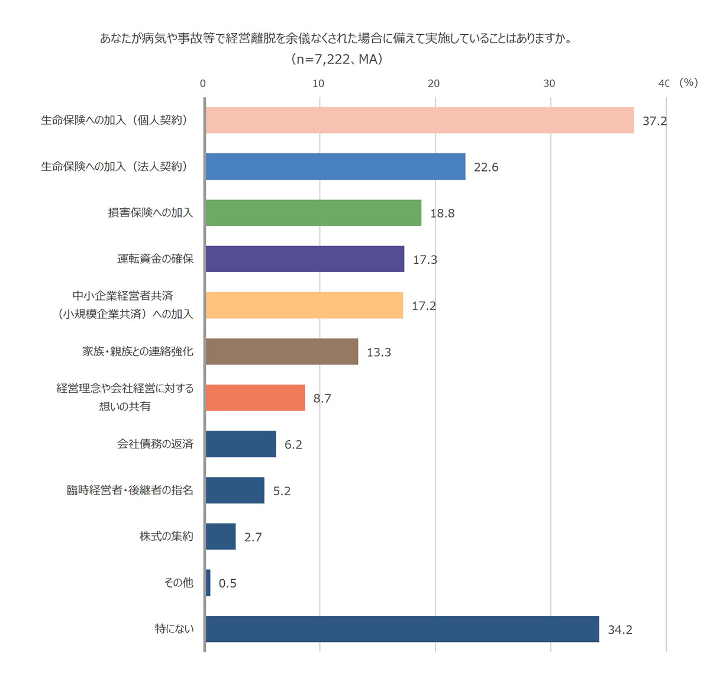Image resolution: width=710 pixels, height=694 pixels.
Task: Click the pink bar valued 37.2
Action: coord(419,120)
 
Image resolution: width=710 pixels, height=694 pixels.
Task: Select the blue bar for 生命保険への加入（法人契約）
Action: coord(335,167)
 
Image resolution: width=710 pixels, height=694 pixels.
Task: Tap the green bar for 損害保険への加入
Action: coord(314,213)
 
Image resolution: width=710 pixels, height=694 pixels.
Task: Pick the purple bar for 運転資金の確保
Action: coord(305,259)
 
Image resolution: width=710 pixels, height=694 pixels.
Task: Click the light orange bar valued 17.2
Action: coord(304,305)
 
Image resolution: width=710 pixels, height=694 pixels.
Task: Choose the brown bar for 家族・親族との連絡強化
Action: coord(282,351)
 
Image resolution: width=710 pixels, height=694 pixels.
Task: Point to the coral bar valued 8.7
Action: coord(255,398)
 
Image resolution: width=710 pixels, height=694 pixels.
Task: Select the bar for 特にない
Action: coord(402,629)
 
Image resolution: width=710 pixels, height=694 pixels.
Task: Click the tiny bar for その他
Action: coord(208,583)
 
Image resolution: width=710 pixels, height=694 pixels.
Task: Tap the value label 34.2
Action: coord(620,630)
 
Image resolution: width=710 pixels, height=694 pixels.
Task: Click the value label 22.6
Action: coord(486,167)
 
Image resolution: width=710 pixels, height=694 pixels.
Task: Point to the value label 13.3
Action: coord(379,353)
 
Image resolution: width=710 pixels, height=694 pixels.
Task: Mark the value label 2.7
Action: coord(253,537)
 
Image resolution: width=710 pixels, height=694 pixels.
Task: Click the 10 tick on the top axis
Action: coord(318,83)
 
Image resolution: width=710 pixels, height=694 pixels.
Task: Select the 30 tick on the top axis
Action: coord(549,83)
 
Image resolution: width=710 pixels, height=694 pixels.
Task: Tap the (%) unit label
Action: coord(689,83)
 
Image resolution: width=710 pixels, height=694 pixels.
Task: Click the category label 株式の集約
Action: coord(166,536)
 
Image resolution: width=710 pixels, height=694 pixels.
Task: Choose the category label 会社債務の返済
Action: coord(155,444)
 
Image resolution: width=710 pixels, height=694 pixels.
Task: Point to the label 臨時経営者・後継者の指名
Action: coord(130,490)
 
